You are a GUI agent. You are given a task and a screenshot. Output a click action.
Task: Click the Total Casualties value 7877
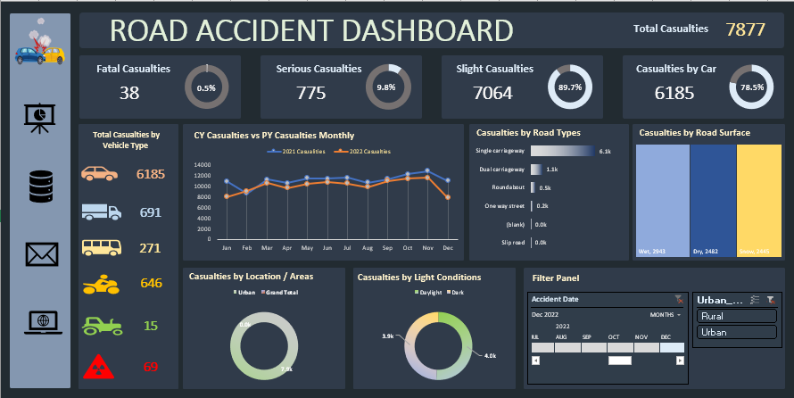click(x=745, y=29)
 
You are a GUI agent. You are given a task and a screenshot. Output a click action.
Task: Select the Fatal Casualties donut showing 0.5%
click(x=206, y=87)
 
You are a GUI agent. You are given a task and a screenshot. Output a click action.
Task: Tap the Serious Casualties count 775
click(x=311, y=93)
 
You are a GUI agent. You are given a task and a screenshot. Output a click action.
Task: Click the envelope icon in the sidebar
click(x=41, y=254)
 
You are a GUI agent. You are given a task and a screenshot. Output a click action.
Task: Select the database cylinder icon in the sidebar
click(x=41, y=187)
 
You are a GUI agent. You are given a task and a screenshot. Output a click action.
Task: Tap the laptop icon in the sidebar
click(x=41, y=320)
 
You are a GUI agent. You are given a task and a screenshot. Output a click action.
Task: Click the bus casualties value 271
click(x=150, y=248)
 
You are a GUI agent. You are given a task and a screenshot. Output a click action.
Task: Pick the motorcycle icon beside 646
click(x=101, y=285)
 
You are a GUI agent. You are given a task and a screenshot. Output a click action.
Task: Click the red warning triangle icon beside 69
click(x=98, y=366)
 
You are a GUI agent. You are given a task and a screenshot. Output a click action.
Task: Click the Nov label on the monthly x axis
click(x=427, y=247)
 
